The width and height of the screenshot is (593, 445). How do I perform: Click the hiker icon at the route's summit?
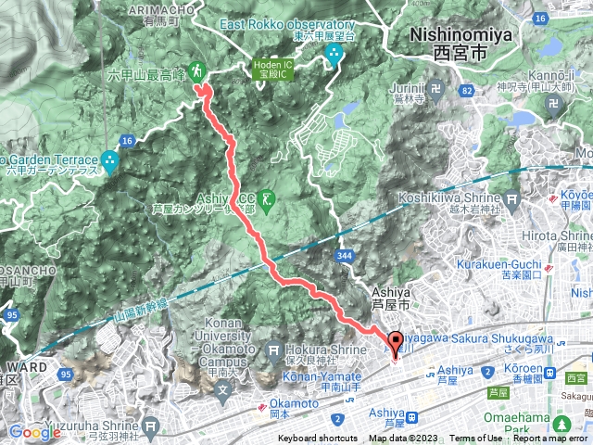[196, 70]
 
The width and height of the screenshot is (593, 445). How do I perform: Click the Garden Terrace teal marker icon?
[111, 160]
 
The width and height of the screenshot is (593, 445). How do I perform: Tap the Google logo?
[34, 431]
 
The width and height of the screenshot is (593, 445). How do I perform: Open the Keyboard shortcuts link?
[317, 439]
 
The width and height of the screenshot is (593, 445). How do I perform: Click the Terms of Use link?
[476, 439]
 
